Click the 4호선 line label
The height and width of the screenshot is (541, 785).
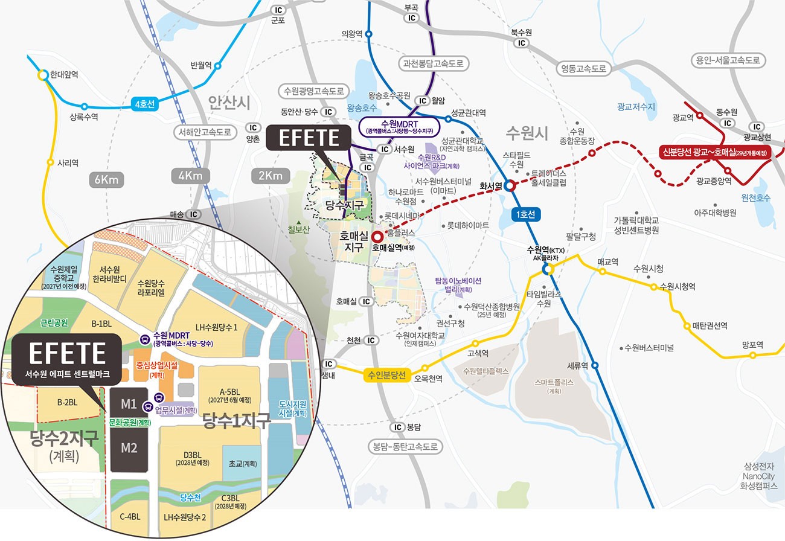tap(144, 104)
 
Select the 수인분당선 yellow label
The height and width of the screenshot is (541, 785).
tap(386, 375)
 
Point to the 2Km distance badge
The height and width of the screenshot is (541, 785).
tap(270, 176)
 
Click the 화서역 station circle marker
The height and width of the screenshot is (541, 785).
tap(510, 186)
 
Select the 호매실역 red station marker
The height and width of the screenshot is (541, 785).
tap(377, 236)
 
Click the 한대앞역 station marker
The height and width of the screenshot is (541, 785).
tap(42, 75)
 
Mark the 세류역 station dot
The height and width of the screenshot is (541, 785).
tap(595, 365)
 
